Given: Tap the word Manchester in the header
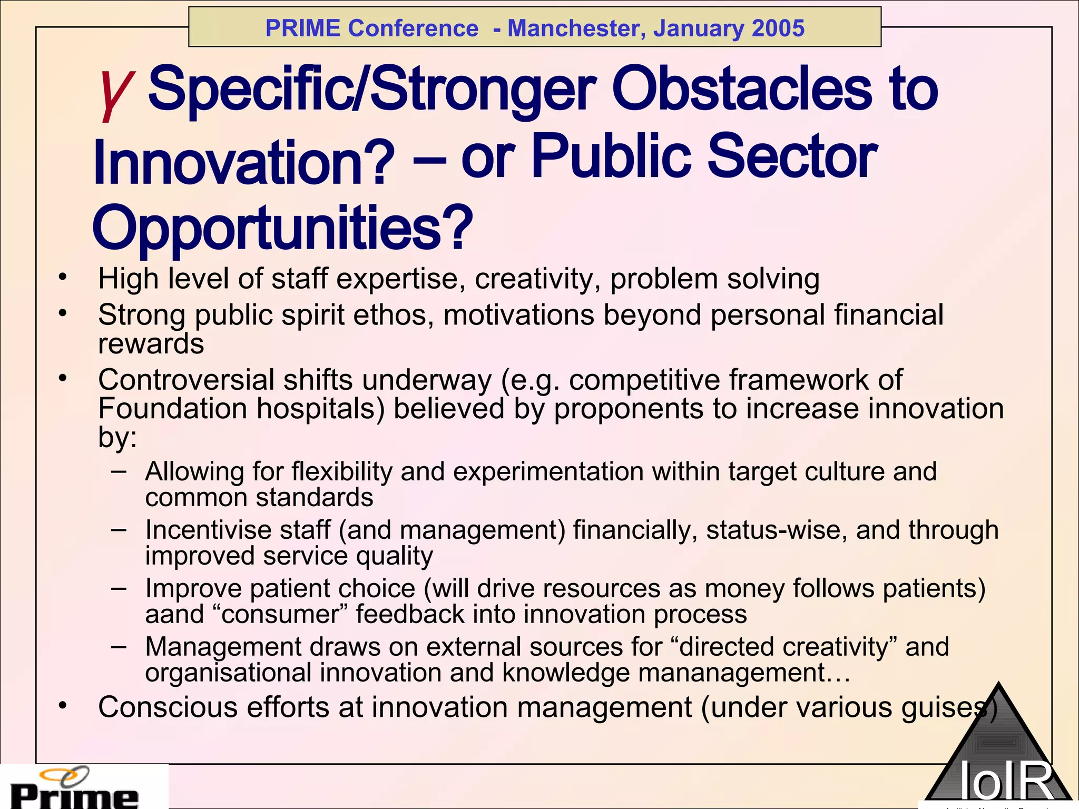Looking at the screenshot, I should (x=576, y=28).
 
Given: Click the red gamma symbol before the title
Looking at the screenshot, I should (x=115, y=92).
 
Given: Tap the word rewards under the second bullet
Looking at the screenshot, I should (x=151, y=344).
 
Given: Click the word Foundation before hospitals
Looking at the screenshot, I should (x=173, y=409).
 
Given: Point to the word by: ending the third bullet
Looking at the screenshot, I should (x=117, y=437).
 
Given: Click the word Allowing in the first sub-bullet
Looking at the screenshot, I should (x=194, y=471).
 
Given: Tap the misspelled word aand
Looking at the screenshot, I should (x=174, y=615).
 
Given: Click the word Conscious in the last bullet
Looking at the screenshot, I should (x=168, y=707).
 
